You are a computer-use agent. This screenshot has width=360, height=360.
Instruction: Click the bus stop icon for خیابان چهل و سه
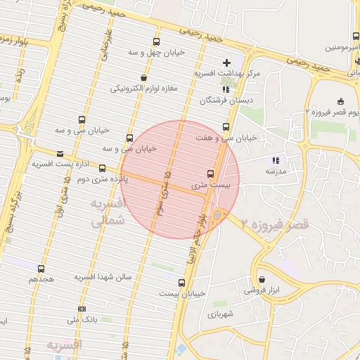coord(156,42)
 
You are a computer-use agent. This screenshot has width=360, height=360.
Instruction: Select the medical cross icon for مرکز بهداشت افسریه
coord(226,63)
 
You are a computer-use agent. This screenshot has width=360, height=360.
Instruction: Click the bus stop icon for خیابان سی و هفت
coord(226,127)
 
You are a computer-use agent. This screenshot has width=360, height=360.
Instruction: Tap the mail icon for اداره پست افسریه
coord(59,154)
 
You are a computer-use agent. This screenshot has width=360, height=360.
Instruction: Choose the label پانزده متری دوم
coord(67,179)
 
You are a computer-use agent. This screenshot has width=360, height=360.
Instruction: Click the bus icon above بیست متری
coord(210,174)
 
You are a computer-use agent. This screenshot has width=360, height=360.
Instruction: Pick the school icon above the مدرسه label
coord(275,160)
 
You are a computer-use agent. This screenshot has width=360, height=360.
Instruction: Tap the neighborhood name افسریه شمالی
coord(107,212)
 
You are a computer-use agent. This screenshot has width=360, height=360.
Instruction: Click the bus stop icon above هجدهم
coord(41,269)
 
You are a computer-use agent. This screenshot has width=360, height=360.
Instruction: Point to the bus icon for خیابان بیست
coord(182,283)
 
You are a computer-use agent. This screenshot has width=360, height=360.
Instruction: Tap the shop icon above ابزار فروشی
coord(262,279)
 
